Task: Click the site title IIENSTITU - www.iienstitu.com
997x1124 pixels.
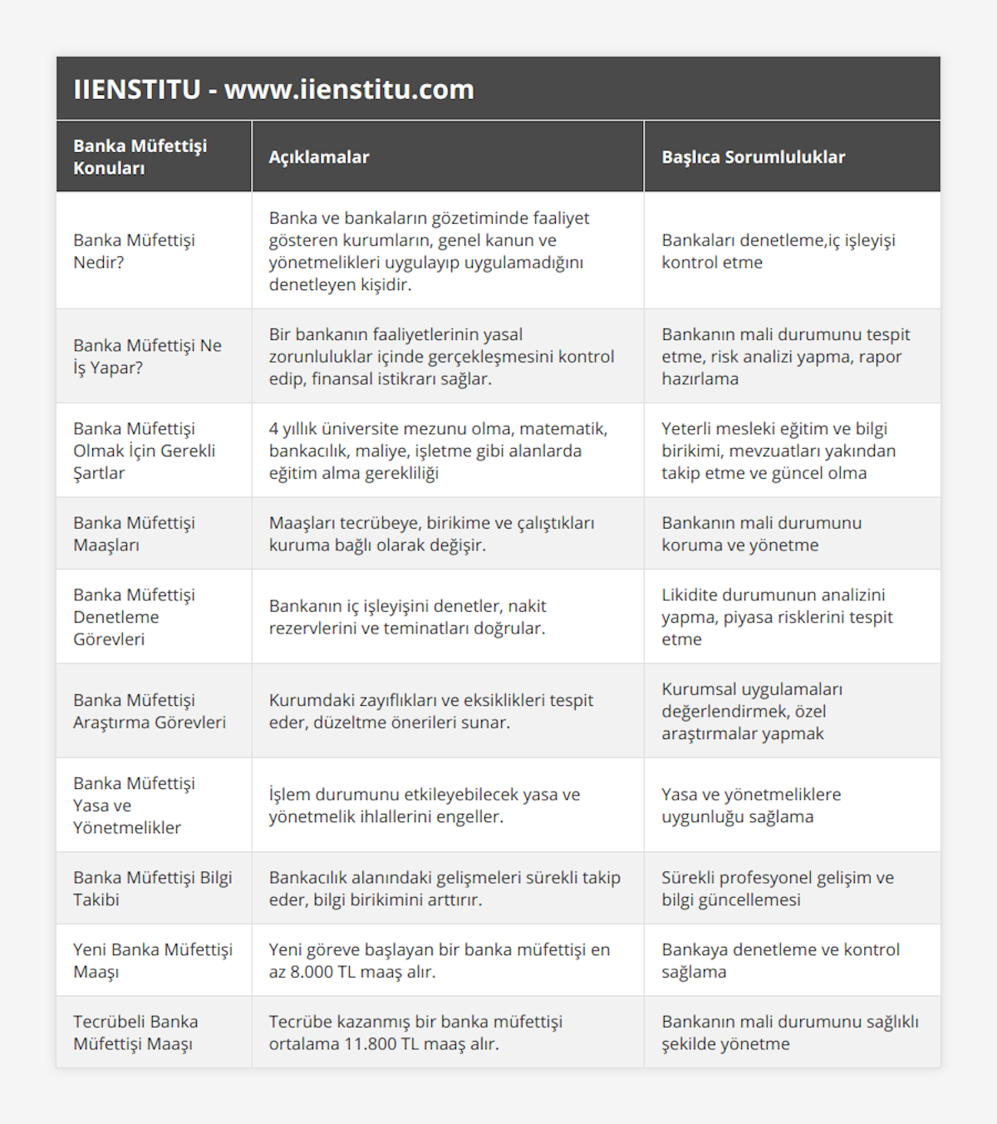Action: tap(273, 89)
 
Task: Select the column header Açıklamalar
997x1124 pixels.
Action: tap(319, 157)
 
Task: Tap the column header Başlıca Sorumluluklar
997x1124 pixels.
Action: tap(753, 157)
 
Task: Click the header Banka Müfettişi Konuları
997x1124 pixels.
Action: tap(140, 157)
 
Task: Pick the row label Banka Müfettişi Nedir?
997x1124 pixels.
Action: tap(134, 251)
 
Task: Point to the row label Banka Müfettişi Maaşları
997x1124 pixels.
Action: tap(134, 534)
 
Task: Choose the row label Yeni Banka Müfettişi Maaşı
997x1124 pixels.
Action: tap(153, 960)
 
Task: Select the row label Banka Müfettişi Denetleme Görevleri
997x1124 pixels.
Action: tap(134, 617)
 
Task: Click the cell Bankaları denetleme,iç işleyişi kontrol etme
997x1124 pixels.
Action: tap(778, 251)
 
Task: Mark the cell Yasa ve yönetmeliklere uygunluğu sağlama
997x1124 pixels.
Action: tap(751, 806)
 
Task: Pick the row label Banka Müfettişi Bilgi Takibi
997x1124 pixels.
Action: tap(153, 889)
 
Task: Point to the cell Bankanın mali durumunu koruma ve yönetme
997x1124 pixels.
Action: tap(761, 534)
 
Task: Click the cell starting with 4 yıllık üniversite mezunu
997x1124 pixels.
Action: tap(438, 451)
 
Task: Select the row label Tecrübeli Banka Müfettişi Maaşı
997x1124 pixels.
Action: tap(135, 1033)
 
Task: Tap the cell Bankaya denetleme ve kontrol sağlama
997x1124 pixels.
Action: tap(780, 960)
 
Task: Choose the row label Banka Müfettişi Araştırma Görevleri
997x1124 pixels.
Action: tap(150, 711)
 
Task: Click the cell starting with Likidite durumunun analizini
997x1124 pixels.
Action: tap(777, 617)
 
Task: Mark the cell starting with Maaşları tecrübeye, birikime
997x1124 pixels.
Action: tap(431, 534)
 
